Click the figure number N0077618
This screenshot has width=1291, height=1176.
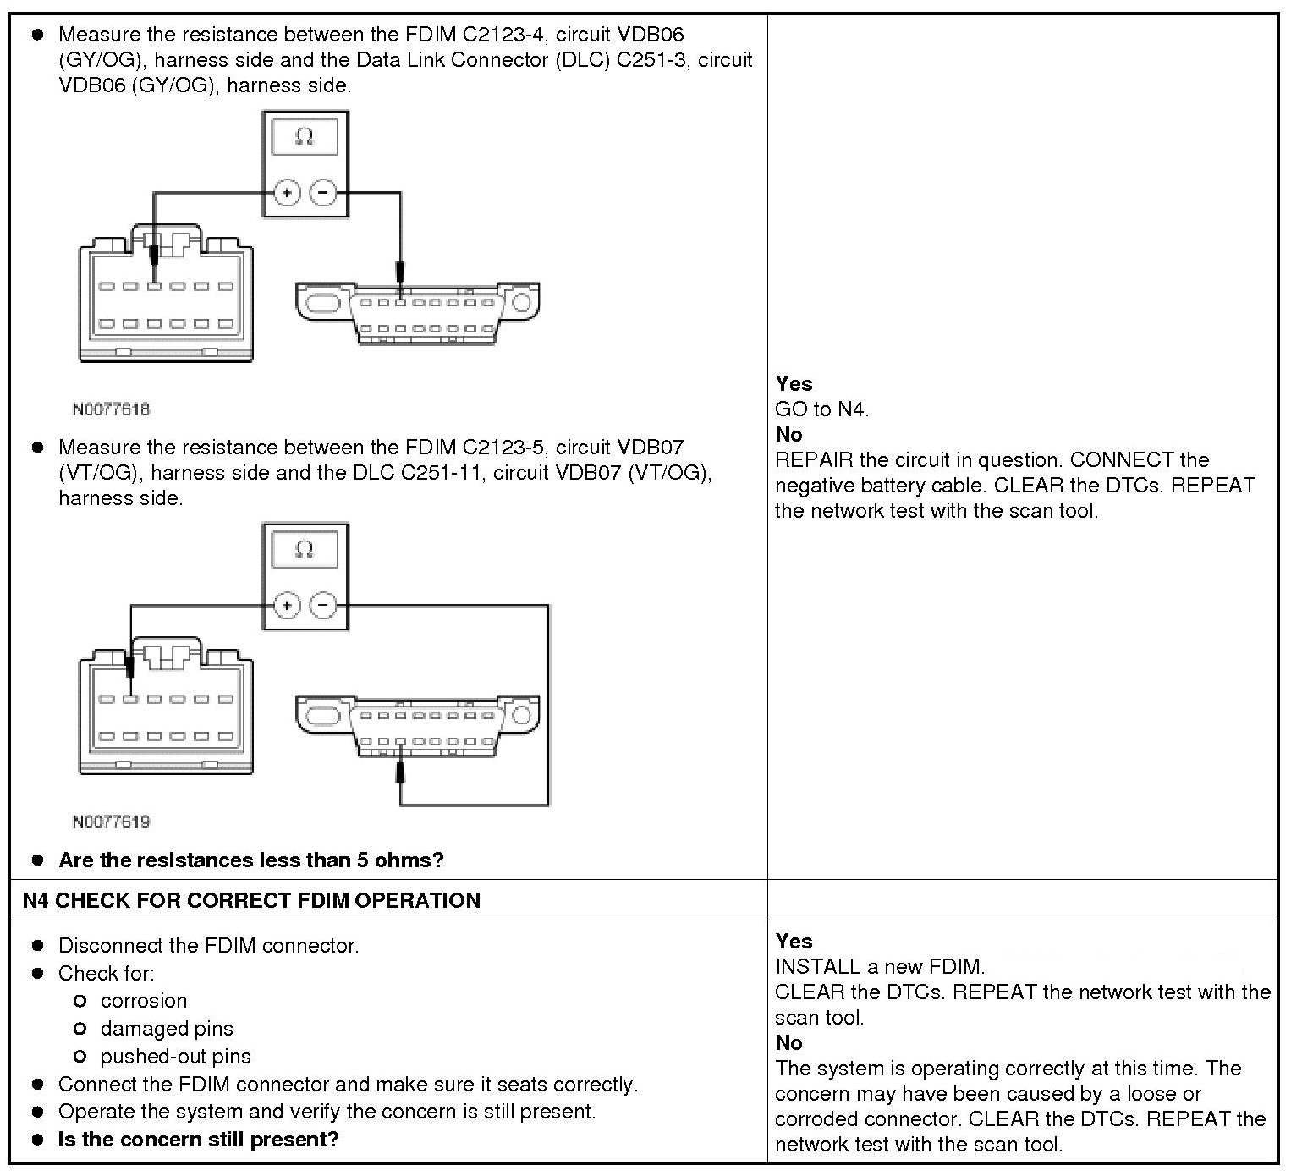coord(111,409)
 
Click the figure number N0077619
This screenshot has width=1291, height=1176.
coord(111,822)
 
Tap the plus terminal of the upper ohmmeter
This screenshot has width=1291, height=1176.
coord(288,193)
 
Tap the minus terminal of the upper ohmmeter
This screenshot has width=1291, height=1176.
coord(322,193)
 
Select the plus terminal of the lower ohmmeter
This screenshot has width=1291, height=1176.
coord(288,606)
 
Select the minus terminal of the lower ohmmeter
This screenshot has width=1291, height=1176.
coord(322,606)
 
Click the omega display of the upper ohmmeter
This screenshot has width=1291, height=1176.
coord(305,136)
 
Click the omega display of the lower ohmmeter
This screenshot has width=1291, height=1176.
coord(305,549)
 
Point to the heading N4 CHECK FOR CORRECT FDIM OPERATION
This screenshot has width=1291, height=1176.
coord(251,900)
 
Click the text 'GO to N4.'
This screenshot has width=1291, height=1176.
coord(821,409)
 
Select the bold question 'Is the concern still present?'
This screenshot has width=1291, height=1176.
coord(198,1140)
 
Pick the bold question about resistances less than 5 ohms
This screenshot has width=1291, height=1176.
coord(250,860)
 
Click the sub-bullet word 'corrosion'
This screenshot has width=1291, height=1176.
coord(143,1001)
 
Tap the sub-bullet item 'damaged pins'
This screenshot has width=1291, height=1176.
coord(166,1029)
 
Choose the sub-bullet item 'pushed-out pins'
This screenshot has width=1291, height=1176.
coord(175,1057)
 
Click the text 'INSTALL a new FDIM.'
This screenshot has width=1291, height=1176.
coord(880,966)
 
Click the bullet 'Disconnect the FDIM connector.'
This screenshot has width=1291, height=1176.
coord(208,946)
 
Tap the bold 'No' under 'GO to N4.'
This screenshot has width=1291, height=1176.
coord(788,435)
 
